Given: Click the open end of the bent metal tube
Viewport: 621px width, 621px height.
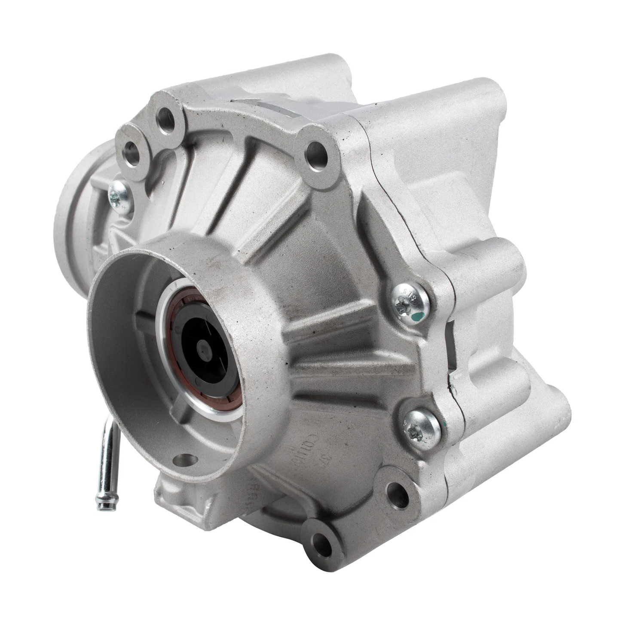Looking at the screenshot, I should click(103, 506).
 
